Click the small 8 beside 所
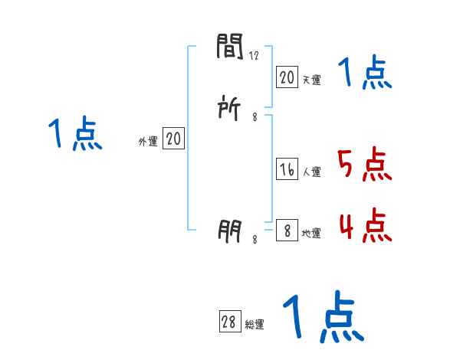coord(255,117)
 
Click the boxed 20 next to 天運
coord(287,77)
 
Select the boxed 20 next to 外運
coord(173,139)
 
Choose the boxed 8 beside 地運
coord(287,231)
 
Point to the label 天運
coord(312,80)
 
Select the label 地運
coord(312,233)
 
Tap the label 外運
coord(148,142)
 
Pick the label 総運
coord(255,325)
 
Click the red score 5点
coord(364,164)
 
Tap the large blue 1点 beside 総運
coord(322,316)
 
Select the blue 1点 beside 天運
coord(365,73)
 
